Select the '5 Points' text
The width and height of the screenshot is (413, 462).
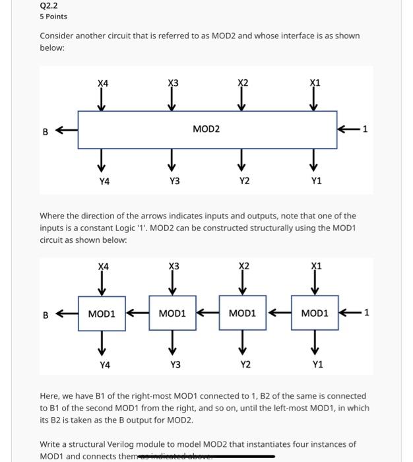(x=53, y=16)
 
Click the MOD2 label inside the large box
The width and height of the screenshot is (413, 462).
(x=206, y=129)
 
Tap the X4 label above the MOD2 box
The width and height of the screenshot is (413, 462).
(x=103, y=83)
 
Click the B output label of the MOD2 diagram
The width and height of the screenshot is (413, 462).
(x=46, y=131)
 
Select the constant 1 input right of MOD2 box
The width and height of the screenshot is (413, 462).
(x=365, y=129)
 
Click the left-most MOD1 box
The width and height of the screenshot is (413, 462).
(x=102, y=313)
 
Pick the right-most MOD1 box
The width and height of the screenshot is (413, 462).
(x=315, y=313)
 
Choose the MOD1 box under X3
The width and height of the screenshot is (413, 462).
(x=173, y=313)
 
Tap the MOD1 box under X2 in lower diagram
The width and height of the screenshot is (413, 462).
(x=243, y=313)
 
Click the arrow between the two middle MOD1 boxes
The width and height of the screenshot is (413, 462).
(x=208, y=313)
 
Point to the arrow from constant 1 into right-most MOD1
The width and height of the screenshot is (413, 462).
(x=348, y=313)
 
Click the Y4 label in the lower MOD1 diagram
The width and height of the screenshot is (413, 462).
(x=105, y=364)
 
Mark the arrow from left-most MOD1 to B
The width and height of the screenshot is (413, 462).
(x=67, y=314)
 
